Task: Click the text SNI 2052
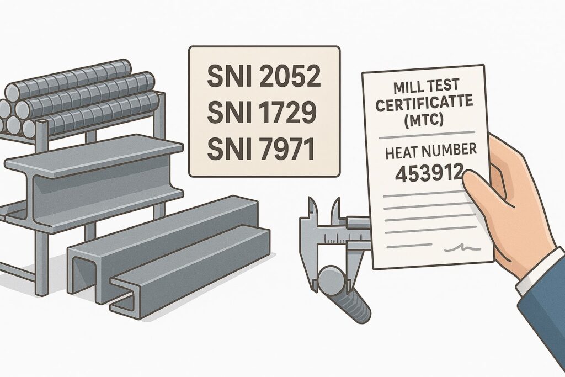[x=264, y=76]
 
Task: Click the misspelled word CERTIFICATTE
[x=424, y=102]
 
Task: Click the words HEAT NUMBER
[x=431, y=151]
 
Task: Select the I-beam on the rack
[x=94, y=182]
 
